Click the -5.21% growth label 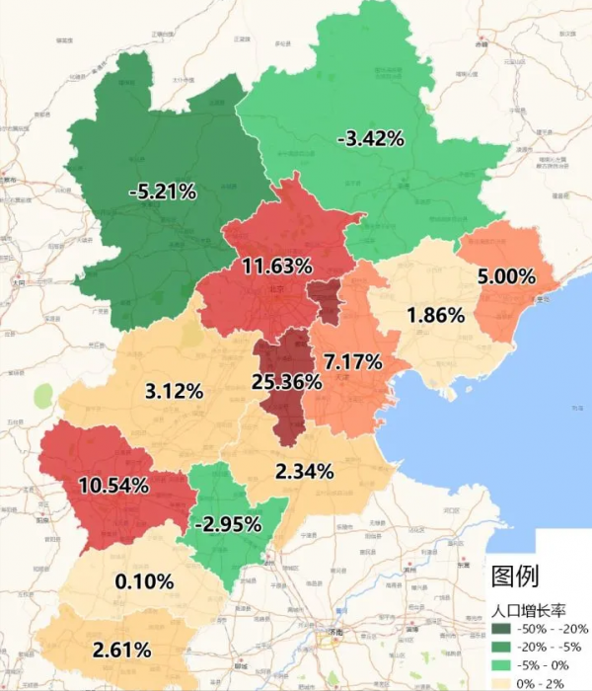tap(164, 192)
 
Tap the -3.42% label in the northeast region tap(370, 139)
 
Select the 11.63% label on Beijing tap(277, 266)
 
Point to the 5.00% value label tap(506, 276)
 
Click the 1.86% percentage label tap(435, 316)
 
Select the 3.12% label tap(174, 391)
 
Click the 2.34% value tap(305, 472)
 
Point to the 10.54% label tap(113, 485)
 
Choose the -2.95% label tap(227, 522)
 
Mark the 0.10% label tap(144, 581)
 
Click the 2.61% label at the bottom tap(121, 650)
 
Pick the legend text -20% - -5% tap(555, 648)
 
